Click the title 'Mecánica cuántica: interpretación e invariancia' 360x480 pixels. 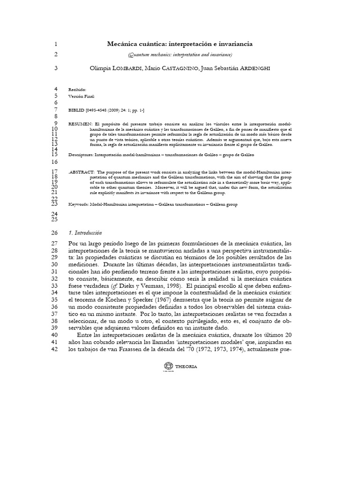(180, 44)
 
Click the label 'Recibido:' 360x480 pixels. (77, 89)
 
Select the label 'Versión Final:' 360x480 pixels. (82, 96)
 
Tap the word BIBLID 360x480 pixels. (76, 109)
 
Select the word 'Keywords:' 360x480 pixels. (79, 204)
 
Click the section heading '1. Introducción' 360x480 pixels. (85, 233)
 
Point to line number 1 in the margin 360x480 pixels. (55, 45)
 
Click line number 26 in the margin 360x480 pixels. (54, 233)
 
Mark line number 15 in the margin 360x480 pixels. (54, 154)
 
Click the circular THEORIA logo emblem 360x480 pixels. (168, 366)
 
